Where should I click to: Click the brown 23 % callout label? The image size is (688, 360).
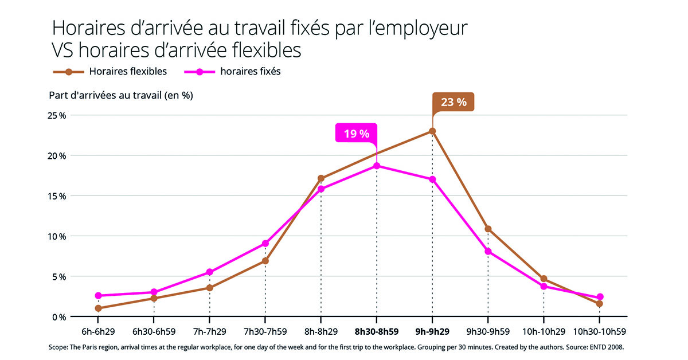tap(453, 102)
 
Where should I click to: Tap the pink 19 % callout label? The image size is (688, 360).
tap(356, 133)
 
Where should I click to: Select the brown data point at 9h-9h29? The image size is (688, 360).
tap(432, 131)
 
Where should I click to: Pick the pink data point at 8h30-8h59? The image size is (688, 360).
tap(377, 166)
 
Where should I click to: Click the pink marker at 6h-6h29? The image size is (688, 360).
tap(99, 296)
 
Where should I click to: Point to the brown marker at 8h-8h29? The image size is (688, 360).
tap(321, 178)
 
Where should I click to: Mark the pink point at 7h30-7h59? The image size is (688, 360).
tap(265, 244)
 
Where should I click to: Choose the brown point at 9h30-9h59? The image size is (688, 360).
tap(488, 229)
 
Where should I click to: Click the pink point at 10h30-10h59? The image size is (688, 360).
tap(600, 297)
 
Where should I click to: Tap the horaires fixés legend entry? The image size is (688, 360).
tap(250, 72)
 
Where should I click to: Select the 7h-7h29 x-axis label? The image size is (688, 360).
tap(210, 331)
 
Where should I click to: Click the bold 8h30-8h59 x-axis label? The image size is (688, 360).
tap(377, 331)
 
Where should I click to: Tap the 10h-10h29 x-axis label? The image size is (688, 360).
tap(544, 331)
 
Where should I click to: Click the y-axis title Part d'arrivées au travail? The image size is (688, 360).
tap(121, 95)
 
